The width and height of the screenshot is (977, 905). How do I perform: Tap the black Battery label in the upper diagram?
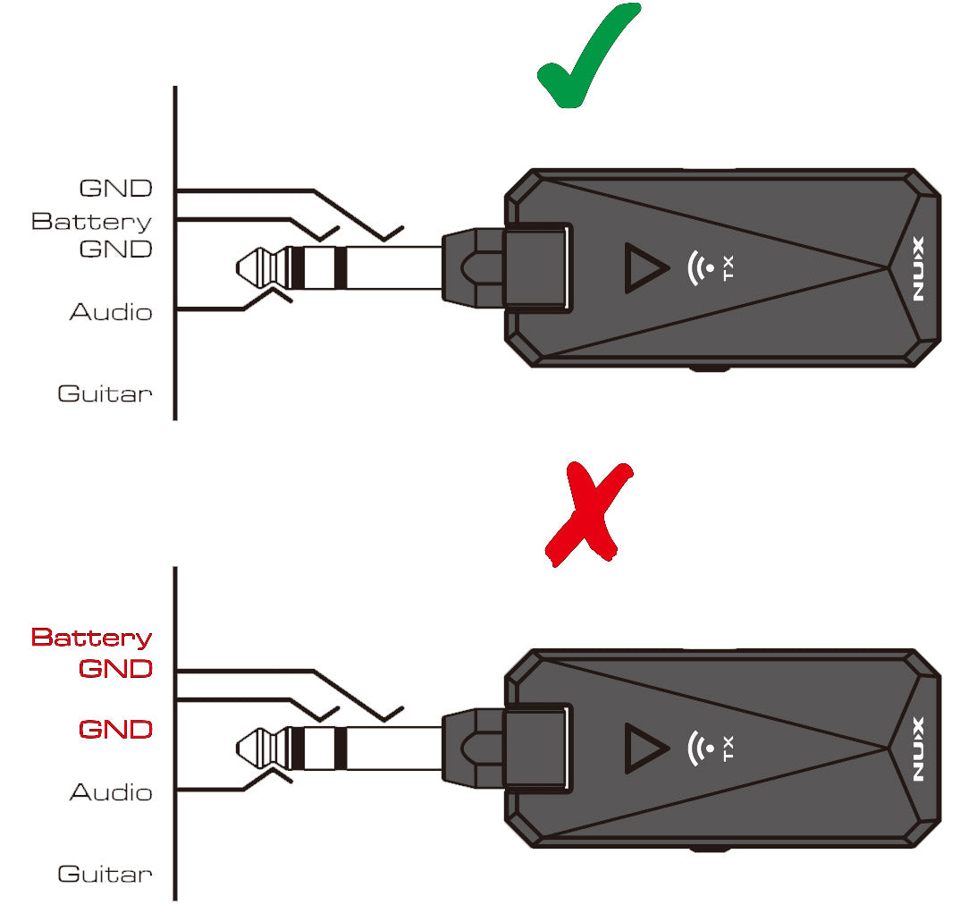(91, 221)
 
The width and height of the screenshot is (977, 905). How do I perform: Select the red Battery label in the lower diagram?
(91, 638)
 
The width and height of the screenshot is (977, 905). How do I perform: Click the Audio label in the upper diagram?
(111, 312)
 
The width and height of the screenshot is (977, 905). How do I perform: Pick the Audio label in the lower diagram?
(111, 792)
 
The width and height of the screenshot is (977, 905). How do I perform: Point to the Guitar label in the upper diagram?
(105, 393)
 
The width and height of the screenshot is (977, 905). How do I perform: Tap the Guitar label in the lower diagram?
(105, 874)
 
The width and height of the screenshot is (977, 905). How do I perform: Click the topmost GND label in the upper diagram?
(115, 189)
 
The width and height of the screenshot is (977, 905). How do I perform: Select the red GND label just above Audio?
(115, 729)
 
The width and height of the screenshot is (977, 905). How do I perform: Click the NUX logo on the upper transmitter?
(920, 269)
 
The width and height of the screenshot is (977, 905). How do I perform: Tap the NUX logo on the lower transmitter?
(920, 749)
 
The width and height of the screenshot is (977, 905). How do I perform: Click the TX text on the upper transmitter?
(729, 267)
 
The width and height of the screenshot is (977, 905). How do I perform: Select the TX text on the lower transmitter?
(729, 748)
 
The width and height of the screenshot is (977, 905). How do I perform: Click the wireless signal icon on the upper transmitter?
(700, 267)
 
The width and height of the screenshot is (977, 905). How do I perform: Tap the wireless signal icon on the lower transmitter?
(700, 748)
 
